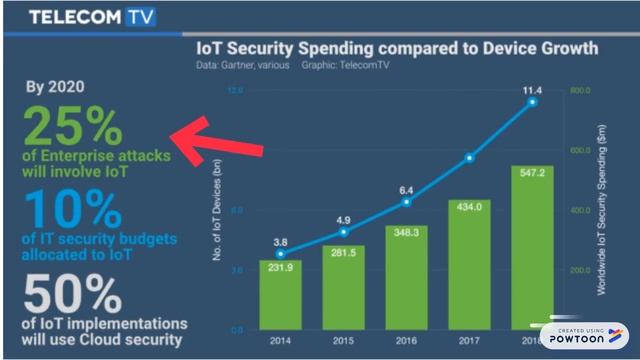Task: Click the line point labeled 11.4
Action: [533, 102]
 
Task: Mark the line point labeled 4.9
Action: [342, 232]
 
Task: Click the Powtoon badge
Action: [583, 336]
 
